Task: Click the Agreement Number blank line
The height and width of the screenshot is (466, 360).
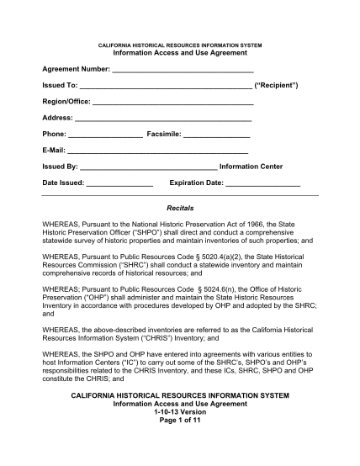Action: tap(183, 69)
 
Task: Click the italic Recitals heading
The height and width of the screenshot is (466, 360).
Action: tap(180, 207)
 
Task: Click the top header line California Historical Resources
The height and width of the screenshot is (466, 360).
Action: tap(180, 44)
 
